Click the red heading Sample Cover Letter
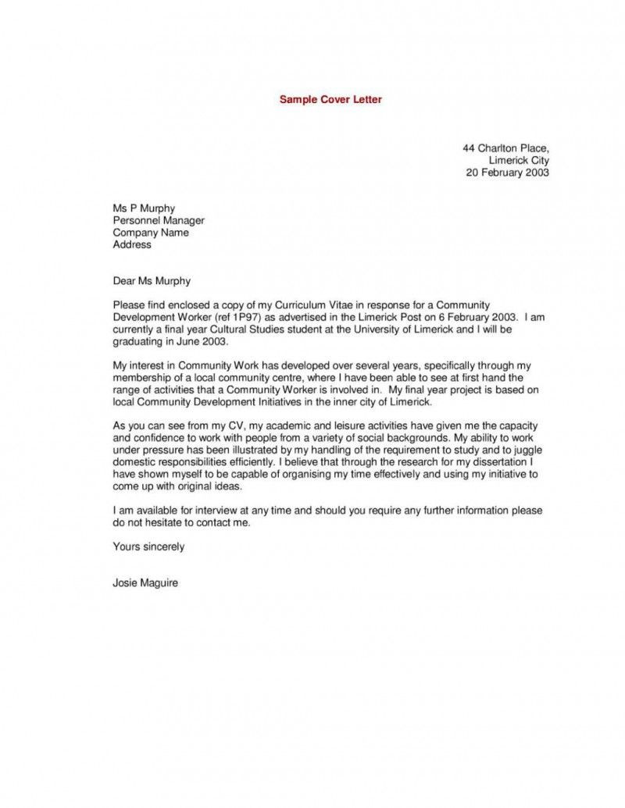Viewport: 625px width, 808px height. (330, 100)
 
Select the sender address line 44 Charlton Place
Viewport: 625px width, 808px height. (506, 148)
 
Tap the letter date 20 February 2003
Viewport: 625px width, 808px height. (508, 173)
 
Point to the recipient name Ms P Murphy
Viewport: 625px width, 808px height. (144, 208)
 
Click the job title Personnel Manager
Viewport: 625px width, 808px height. (159, 220)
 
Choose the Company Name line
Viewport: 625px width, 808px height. (151, 232)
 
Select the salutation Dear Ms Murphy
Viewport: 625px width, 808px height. (152, 280)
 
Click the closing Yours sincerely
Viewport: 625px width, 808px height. (148, 546)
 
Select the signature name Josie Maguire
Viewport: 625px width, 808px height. (145, 582)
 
